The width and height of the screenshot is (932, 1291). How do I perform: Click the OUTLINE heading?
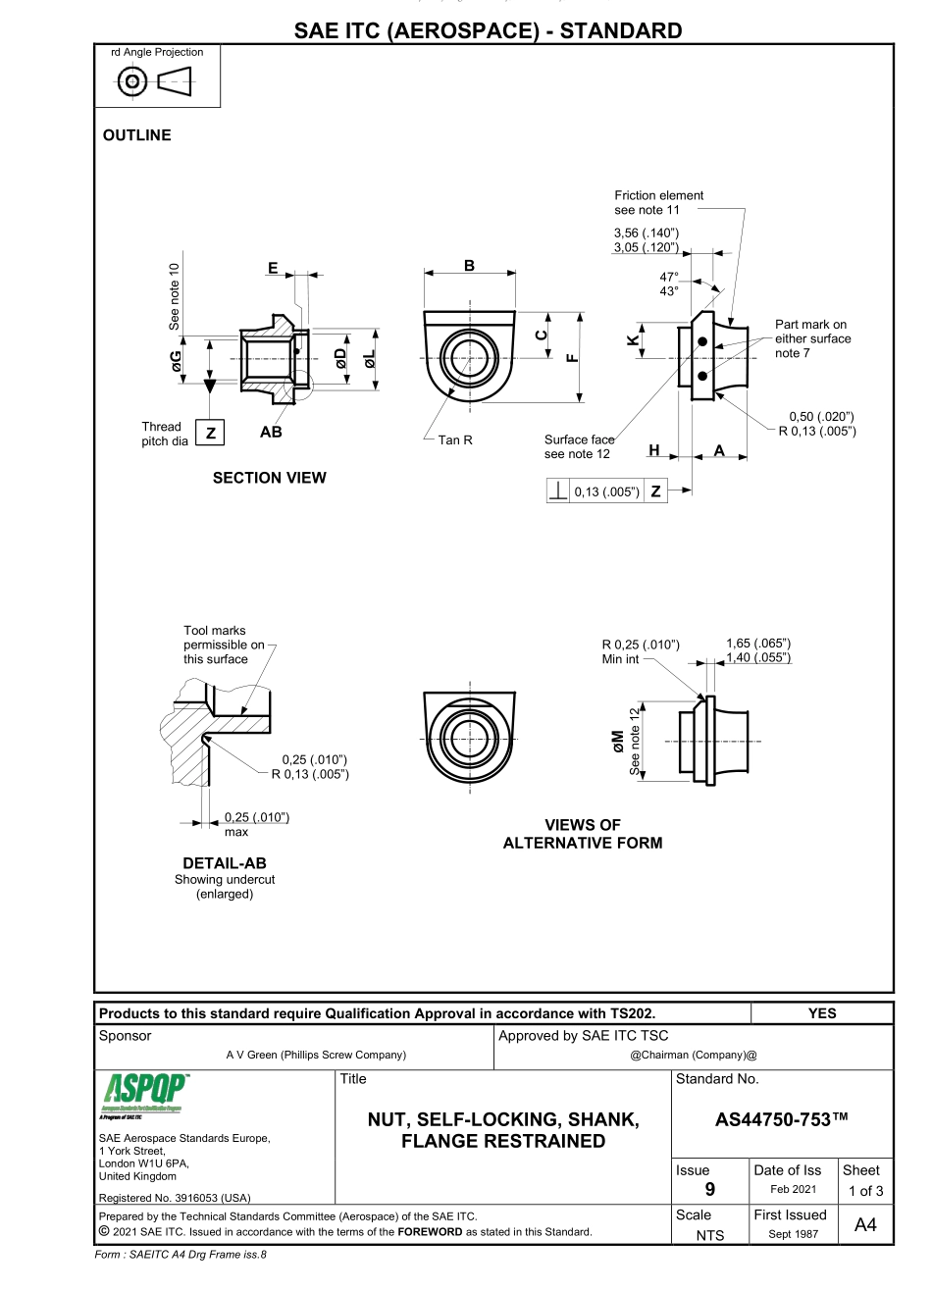(136, 135)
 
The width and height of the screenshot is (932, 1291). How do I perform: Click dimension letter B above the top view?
(470, 265)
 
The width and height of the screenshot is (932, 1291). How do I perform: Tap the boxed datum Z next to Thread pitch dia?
(209, 434)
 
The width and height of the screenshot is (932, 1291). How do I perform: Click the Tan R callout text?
(455, 440)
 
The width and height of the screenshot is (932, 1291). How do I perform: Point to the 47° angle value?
(671, 277)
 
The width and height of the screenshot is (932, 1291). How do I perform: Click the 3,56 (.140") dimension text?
(647, 232)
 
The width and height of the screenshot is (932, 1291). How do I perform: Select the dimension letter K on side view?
(633, 342)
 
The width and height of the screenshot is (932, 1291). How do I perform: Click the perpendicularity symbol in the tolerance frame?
(558, 491)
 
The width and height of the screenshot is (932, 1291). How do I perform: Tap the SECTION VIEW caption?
(270, 478)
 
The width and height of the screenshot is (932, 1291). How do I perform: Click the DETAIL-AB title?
(225, 863)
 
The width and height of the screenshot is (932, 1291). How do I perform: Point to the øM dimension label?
(617, 741)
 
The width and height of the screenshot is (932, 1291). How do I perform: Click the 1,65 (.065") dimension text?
(758, 643)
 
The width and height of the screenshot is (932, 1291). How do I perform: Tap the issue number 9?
(710, 1190)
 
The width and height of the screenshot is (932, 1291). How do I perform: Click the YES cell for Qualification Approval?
(822, 1013)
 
